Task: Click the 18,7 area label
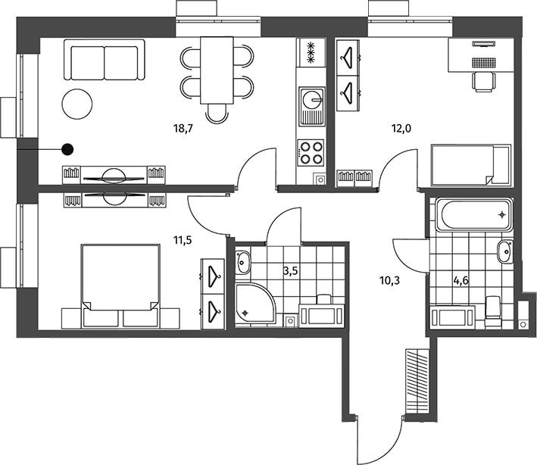pyautogui.click(x=183, y=129)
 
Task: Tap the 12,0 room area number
pyautogui.click(x=401, y=129)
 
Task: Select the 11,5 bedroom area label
pyautogui.click(x=183, y=240)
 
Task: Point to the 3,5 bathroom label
pyautogui.click(x=290, y=271)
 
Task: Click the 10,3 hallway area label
pyautogui.click(x=390, y=281)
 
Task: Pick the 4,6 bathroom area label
pyautogui.click(x=461, y=281)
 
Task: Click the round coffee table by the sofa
pyautogui.click(x=77, y=104)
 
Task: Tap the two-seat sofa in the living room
pyautogui.click(x=105, y=60)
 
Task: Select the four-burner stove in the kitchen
pyautogui.click(x=311, y=153)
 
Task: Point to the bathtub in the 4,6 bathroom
pyautogui.click(x=474, y=215)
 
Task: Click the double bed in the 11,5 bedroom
pyautogui.click(x=120, y=286)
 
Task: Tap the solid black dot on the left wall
pyautogui.click(x=67, y=149)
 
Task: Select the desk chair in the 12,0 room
pyautogui.click(x=484, y=82)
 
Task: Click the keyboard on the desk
pyautogui.click(x=484, y=62)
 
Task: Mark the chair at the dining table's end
pyautogui.click(x=217, y=114)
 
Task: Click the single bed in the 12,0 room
pyautogui.click(x=471, y=166)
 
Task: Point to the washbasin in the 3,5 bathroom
pyautogui.click(x=243, y=262)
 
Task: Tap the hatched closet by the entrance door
pyautogui.click(x=417, y=381)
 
